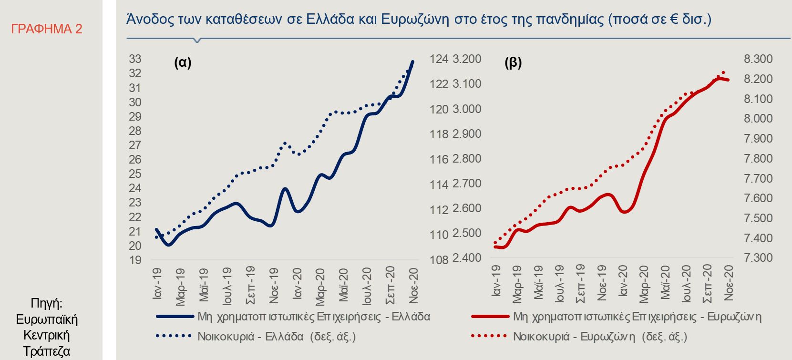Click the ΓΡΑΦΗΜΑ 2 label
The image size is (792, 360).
(47, 29)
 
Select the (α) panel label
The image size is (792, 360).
(183, 62)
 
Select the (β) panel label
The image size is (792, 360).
(513, 62)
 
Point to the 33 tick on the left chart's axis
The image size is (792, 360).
(135, 59)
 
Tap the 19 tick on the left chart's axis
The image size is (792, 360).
(135, 260)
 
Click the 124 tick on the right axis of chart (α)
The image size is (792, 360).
(439, 59)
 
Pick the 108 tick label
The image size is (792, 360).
(439, 260)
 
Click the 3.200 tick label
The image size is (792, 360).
(467, 59)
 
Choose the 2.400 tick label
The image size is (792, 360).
(467, 258)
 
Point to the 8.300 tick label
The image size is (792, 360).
(758, 59)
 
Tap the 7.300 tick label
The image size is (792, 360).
(758, 258)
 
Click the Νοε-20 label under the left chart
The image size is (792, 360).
(413, 285)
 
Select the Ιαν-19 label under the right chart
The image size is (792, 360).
(496, 281)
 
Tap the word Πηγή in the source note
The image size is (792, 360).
(46, 303)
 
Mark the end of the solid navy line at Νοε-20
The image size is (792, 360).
(413, 62)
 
